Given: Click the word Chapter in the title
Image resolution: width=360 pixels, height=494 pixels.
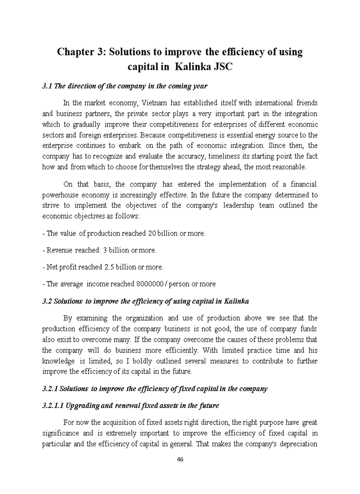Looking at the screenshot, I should (78, 52).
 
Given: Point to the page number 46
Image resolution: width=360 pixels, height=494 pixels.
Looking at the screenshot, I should (180, 460).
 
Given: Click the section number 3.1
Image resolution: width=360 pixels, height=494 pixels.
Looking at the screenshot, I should (47, 86).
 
